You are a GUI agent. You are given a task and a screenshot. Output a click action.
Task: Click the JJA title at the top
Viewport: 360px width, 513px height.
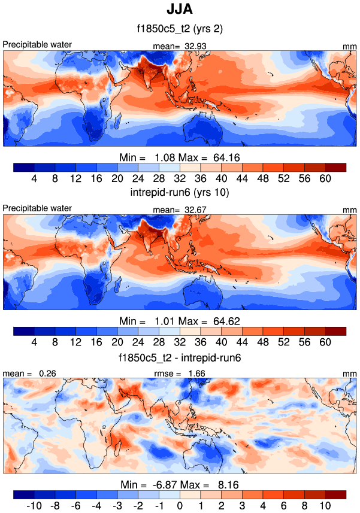180,10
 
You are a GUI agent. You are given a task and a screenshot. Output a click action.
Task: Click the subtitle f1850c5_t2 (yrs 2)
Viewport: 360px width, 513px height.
180,28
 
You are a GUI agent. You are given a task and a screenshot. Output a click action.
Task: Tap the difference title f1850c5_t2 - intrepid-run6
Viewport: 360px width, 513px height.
180,357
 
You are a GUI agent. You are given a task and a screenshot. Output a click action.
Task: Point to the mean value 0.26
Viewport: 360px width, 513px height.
43,374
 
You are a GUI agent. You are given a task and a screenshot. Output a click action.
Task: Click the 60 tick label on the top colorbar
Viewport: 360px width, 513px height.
325,178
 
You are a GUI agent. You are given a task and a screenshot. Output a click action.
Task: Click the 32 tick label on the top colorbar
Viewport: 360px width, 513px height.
180,178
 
